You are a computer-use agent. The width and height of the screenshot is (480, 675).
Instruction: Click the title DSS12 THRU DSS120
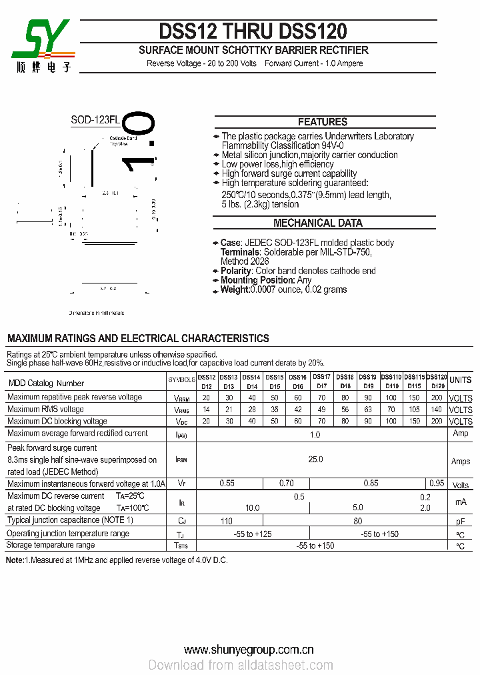coord(253,31)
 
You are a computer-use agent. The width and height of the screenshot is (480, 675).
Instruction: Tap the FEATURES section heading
coord(322,122)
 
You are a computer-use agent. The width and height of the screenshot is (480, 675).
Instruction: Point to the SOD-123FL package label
coord(95,121)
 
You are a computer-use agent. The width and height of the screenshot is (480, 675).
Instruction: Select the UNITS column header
coord(460,380)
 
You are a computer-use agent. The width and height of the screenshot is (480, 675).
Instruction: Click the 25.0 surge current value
coord(315,460)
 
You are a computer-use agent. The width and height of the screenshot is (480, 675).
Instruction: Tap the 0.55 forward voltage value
coord(227,483)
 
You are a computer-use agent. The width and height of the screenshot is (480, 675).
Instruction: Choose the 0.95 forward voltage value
coord(437,483)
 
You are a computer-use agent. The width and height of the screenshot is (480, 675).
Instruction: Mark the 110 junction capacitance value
coord(227,521)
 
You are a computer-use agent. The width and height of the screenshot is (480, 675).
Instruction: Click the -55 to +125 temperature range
coord(252,534)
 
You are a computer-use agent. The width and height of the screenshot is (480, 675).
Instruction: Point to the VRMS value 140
coord(437,410)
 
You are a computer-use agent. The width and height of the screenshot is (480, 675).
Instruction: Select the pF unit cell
coord(460,521)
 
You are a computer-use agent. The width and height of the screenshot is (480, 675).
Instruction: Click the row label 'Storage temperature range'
coord(51,546)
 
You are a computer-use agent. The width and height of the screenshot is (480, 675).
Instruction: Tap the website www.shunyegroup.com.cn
coord(249,650)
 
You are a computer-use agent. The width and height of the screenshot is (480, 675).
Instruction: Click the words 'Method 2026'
coord(245,261)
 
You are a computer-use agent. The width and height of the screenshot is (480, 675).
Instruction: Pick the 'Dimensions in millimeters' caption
coord(97,313)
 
